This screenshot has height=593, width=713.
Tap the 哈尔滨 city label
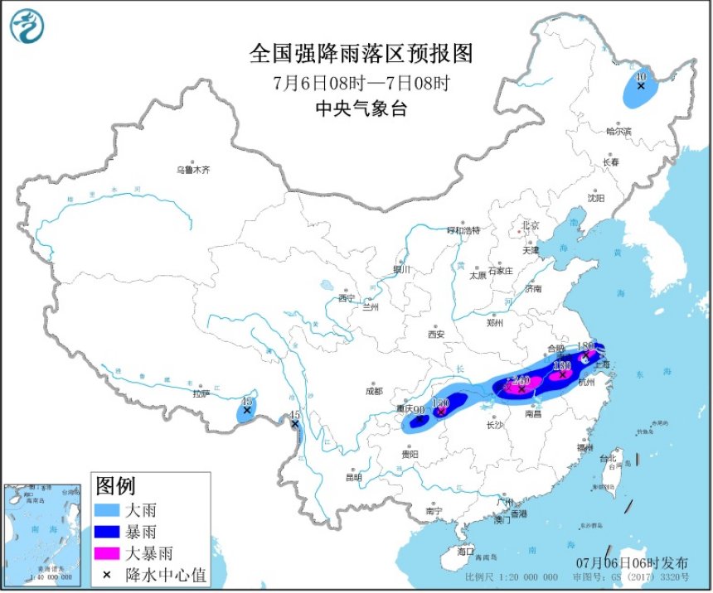[618, 131]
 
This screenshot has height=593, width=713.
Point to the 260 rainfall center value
[521, 380]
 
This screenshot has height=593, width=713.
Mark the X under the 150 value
[442, 411]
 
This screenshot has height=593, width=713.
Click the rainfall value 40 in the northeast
[639, 76]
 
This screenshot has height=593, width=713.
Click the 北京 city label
[531, 225]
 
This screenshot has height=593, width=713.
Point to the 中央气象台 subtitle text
[361, 108]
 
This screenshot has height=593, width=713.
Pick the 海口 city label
[465, 551]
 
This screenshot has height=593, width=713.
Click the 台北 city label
[608, 458]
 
